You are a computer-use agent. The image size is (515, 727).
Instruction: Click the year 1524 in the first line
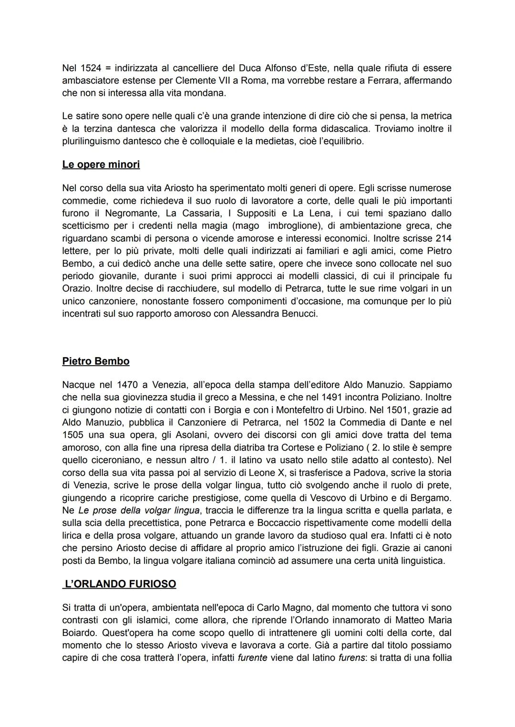click(91, 68)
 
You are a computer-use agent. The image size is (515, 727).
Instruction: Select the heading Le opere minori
click(101, 164)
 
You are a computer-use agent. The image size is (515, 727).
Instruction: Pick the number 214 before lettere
click(443, 238)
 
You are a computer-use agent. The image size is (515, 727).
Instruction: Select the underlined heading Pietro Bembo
click(96, 361)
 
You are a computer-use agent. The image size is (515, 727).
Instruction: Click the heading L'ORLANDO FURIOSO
click(120, 584)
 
